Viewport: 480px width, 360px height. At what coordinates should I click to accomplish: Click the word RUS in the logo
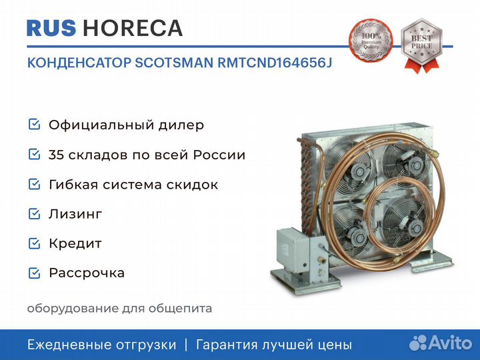click(51, 28)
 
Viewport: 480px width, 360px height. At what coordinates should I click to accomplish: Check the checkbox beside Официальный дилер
click(34, 125)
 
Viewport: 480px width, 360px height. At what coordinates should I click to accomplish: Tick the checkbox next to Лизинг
click(34, 214)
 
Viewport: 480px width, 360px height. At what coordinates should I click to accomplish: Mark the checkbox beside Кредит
click(34, 243)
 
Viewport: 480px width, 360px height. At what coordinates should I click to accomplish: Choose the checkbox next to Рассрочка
click(34, 273)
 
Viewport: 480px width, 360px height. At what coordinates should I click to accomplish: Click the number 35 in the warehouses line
click(56, 155)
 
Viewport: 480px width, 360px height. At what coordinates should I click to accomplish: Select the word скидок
click(195, 185)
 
